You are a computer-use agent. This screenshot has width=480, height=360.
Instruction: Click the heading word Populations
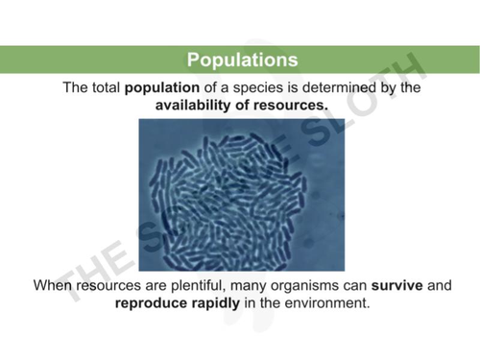coord(242,60)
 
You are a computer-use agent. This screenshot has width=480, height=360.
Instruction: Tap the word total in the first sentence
coord(104,87)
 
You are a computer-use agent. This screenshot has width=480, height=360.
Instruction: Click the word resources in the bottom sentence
coord(114,286)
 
